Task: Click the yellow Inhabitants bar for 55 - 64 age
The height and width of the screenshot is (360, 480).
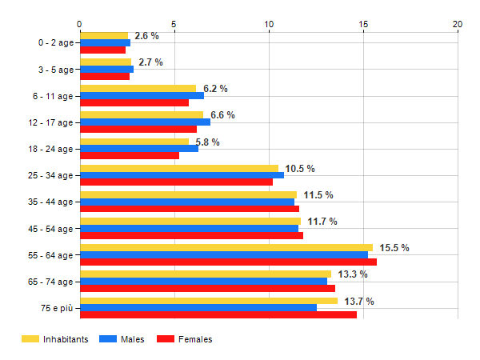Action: [x=226, y=248]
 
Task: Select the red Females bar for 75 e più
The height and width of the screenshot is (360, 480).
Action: [x=218, y=314]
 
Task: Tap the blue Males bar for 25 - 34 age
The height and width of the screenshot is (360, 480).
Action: [x=182, y=175]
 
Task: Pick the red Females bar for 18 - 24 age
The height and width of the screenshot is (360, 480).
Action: [x=130, y=155]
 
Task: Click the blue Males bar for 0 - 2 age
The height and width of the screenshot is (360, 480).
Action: [x=105, y=42]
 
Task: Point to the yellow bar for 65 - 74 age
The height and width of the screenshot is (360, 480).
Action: [x=206, y=274]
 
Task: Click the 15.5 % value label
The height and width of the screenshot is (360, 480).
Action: [x=394, y=248]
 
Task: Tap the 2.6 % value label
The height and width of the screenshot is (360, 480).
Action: [x=146, y=36]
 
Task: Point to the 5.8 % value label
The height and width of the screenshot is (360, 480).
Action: [x=207, y=142]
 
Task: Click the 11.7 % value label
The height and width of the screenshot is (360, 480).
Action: [x=322, y=222]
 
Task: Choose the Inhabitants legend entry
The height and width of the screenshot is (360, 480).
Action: [x=55, y=339]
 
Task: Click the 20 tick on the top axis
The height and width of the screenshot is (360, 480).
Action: [x=458, y=24]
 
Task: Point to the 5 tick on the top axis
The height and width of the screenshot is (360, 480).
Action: [x=174, y=24]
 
